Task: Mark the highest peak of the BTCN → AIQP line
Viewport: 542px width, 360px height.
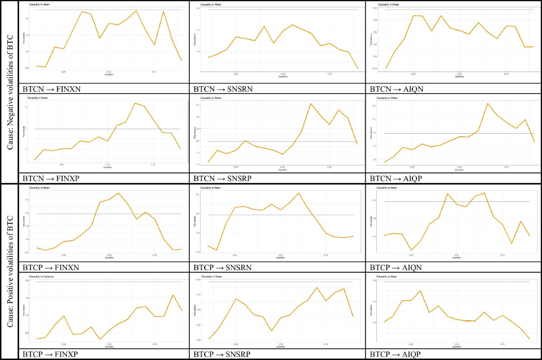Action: (x=487, y=103)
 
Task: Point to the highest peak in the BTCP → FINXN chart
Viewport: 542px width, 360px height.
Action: (x=118, y=193)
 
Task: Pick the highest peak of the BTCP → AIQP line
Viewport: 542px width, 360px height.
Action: (x=420, y=291)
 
